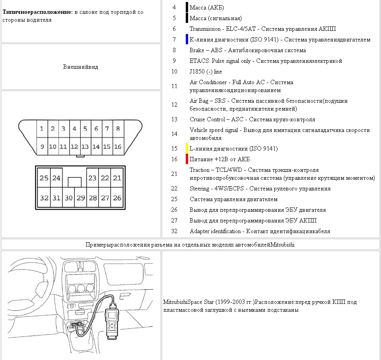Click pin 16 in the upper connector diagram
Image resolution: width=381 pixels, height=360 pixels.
pyautogui.click(x=117, y=147)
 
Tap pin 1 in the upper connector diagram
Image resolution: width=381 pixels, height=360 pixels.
pyautogui.click(x=41, y=129)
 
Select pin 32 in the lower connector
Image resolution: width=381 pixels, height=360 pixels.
pyautogui.click(x=44, y=198)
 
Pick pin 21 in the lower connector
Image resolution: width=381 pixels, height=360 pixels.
pyautogui.click(x=117, y=178)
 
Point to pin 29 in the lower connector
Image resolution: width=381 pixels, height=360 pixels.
pyautogui.click(x=81, y=198)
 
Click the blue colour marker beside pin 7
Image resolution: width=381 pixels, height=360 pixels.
pyautogui.click(x=187, y=40)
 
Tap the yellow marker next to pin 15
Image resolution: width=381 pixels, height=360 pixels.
pyautogui.click(x=187, y=149)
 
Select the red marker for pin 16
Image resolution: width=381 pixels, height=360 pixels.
pyautogui.click(x=187, y=159)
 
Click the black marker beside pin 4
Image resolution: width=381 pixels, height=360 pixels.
pyautogui.click(x=187, y=8)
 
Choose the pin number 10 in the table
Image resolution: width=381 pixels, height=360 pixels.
pyautogui.click(x=174, y=72)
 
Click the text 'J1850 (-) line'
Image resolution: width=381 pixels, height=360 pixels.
pyautogui.click(x=206, y=72)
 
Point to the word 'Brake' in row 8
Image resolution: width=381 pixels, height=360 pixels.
pyautogui.click(x=197, y=50)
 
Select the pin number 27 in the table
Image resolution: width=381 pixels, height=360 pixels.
pyautogui.click(x=174, y=221)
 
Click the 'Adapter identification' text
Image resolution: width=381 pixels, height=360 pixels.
pyautogui.click(x=215, y=231)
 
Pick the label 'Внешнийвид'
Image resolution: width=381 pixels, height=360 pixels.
pyautogui.click(x=81, y=67)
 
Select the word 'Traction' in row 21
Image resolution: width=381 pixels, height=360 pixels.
pyautogui.click(x=200, y=170)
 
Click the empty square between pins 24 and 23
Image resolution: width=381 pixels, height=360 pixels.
pyautogui.click(x=74, y=182)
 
